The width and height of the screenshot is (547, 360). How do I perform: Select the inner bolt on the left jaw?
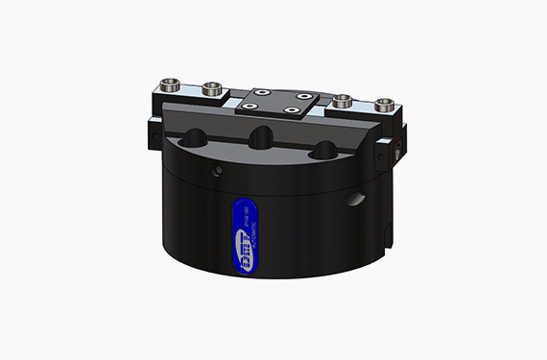(211, 90)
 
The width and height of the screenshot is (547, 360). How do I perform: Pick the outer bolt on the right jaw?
(385, 102)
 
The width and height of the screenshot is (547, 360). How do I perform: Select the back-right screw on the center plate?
(301, 96)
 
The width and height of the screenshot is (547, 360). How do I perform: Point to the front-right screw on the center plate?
(295, 110)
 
